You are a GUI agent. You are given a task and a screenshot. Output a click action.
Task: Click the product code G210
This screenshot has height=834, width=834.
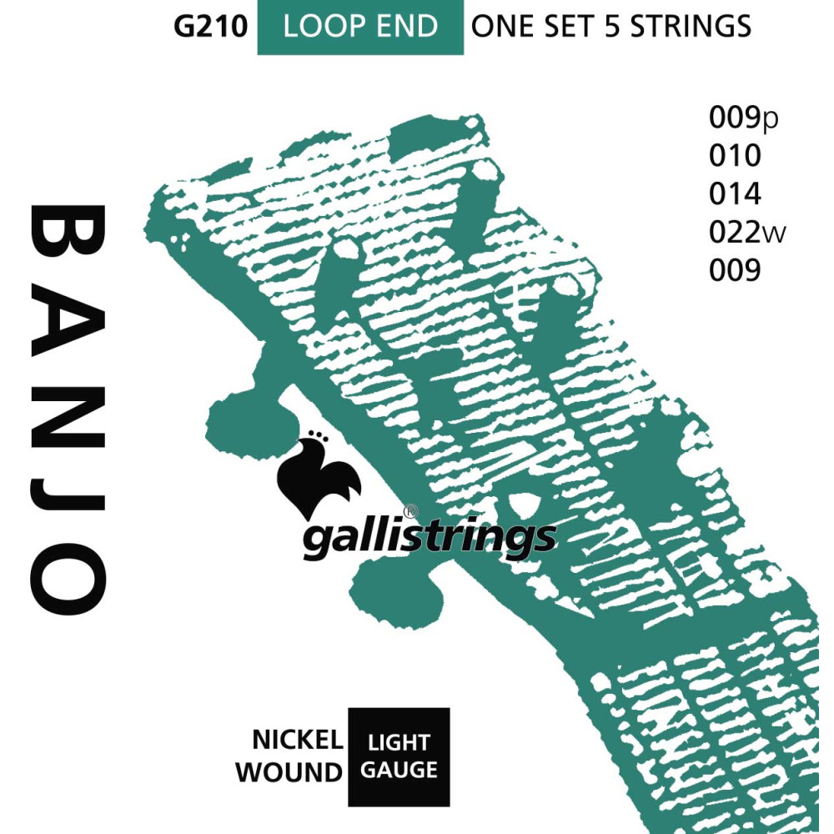(x=210, y=26)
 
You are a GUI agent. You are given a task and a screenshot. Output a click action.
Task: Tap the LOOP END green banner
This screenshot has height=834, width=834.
(x=359, y=27)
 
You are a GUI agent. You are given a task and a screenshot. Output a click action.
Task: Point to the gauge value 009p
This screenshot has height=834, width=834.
(x=743, y=119)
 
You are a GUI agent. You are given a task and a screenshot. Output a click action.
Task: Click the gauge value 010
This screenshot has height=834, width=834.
(x=735, y=156)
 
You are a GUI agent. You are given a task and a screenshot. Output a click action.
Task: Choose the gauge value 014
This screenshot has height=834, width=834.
(x=735, y=194)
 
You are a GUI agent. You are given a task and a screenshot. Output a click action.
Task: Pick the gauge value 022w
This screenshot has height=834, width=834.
(x=747, y=233)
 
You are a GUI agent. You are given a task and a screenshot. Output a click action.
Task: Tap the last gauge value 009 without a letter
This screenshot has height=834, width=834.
(x=735, y=270)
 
